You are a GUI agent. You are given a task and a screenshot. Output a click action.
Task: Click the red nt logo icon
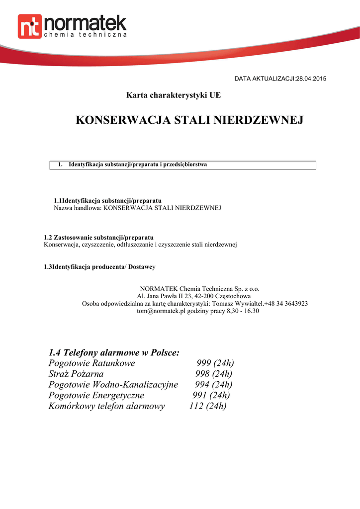click(30, 26)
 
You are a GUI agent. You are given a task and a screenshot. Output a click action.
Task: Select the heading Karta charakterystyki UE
click(173, 94)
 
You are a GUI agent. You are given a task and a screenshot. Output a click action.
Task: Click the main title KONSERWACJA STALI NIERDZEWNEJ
click(189, 120)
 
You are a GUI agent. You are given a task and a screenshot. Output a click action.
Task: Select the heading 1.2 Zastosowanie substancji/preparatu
click(99, 238)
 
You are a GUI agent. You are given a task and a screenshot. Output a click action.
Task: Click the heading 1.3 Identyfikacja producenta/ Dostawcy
click(100, 267)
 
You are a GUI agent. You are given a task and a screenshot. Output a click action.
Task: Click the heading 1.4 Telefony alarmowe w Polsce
click(114, 352)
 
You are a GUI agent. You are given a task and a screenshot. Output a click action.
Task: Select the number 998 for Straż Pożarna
click(203, 374)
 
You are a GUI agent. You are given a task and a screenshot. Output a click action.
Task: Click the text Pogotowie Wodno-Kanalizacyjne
click(113, 385)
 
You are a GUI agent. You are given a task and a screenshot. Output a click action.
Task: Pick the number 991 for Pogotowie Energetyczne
click(200, 396)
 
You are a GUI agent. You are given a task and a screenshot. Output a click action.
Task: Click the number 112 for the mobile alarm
click(197, 406)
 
